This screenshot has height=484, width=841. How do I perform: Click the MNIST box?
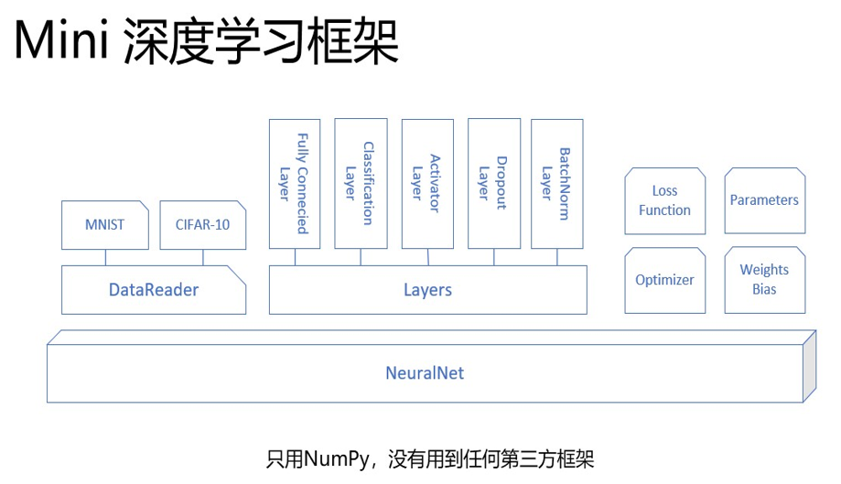[105, 225]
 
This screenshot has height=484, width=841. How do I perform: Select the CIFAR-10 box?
[202, 225]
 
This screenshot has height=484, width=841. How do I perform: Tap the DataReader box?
[154, 290]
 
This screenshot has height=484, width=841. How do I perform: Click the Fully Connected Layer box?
[295, 183]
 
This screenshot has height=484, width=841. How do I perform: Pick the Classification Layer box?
[361, 183]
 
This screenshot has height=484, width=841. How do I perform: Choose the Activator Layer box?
[426, 183]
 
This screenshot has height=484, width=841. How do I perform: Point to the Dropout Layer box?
[493, 183]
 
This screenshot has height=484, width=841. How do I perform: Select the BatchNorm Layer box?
[558, 183]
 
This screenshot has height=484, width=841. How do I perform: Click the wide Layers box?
[427, 290]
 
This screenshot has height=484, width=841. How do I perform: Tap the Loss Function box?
[664, 200]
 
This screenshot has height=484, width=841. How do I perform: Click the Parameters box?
[764, 200]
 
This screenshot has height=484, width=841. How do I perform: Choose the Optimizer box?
[664, 280]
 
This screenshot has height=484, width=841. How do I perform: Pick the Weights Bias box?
[764, 280]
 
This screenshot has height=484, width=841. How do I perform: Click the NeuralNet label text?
[425, 372]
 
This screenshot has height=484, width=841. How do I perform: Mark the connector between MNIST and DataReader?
[105, 258]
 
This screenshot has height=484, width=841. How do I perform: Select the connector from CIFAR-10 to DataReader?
[202, 258]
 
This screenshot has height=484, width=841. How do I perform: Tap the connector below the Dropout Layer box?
[493, 257]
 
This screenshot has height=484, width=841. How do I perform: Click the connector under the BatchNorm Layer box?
[558, 257]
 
